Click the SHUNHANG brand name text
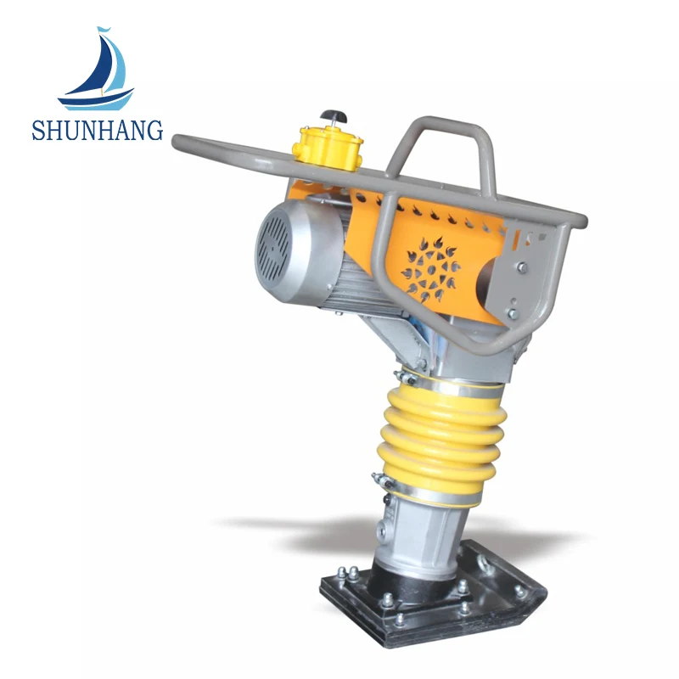[x=98, y=131]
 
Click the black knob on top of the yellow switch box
[x=334, y=116]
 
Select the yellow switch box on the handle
[x=328, y=148]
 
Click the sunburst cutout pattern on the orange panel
[x=430, y=269]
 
